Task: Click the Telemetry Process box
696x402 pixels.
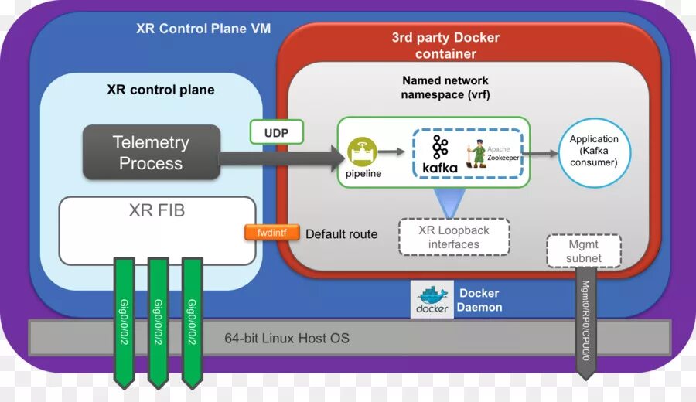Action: coord(152,152)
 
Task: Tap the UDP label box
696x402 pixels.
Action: coord(276,132)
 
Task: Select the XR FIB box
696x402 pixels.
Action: coord(157,230)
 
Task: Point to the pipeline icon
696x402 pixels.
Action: coord(363,152)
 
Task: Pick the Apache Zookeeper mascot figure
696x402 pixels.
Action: coord(479,153)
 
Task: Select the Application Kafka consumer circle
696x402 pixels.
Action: coord(594,152)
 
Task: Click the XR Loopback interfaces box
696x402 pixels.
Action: coord(454,237)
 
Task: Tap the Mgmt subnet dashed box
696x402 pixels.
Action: coord(584,250)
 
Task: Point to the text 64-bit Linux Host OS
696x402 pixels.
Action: coord(286,338)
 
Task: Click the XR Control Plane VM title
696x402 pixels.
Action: coord(203,29)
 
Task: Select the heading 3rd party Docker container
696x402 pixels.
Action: coord(445,46)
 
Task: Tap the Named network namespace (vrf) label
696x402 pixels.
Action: coord(445,87)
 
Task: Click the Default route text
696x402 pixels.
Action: coord(342,233)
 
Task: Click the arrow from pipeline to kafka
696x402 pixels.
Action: coord(396,152)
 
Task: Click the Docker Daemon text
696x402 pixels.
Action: coord(479,300)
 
